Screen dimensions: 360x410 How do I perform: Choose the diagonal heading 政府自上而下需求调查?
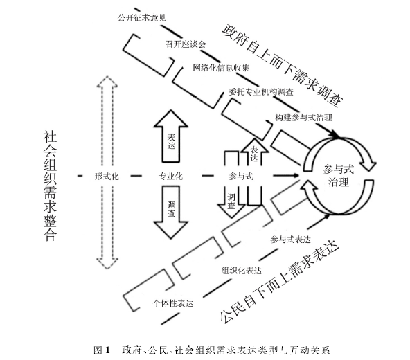tap(284, 64)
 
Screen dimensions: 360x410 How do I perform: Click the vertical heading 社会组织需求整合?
tap(50, 185)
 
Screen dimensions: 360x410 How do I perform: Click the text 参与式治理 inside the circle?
tap(339, 175)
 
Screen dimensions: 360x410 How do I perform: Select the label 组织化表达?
tap(241, 270)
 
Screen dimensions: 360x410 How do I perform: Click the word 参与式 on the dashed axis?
tap(240, 177)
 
